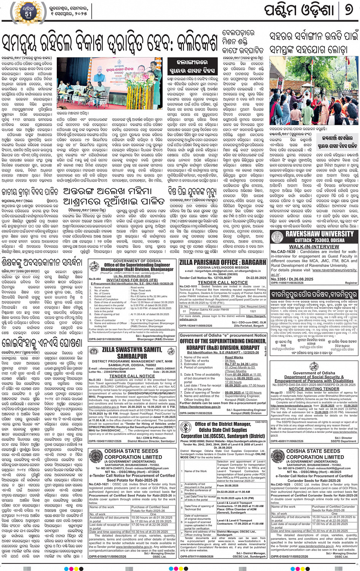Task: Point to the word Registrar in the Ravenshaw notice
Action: pos(351,283)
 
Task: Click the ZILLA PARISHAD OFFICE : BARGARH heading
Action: pos(222,262)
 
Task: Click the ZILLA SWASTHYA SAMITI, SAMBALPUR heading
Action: pos(131,353)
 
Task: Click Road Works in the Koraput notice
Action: pos(234,357)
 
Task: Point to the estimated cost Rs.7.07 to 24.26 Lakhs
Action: pos(241,364)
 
